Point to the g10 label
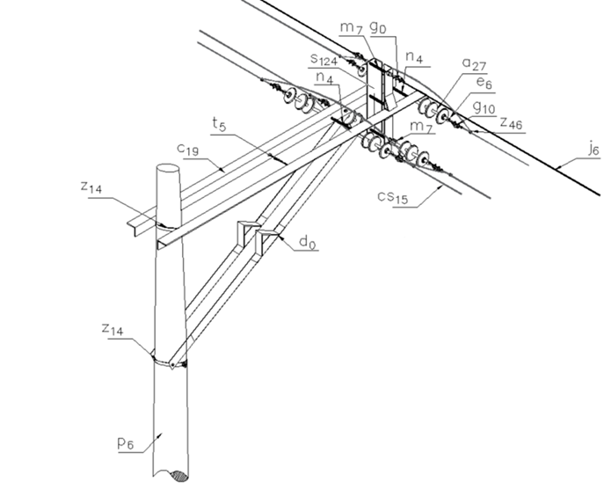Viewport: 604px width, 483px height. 483,107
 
